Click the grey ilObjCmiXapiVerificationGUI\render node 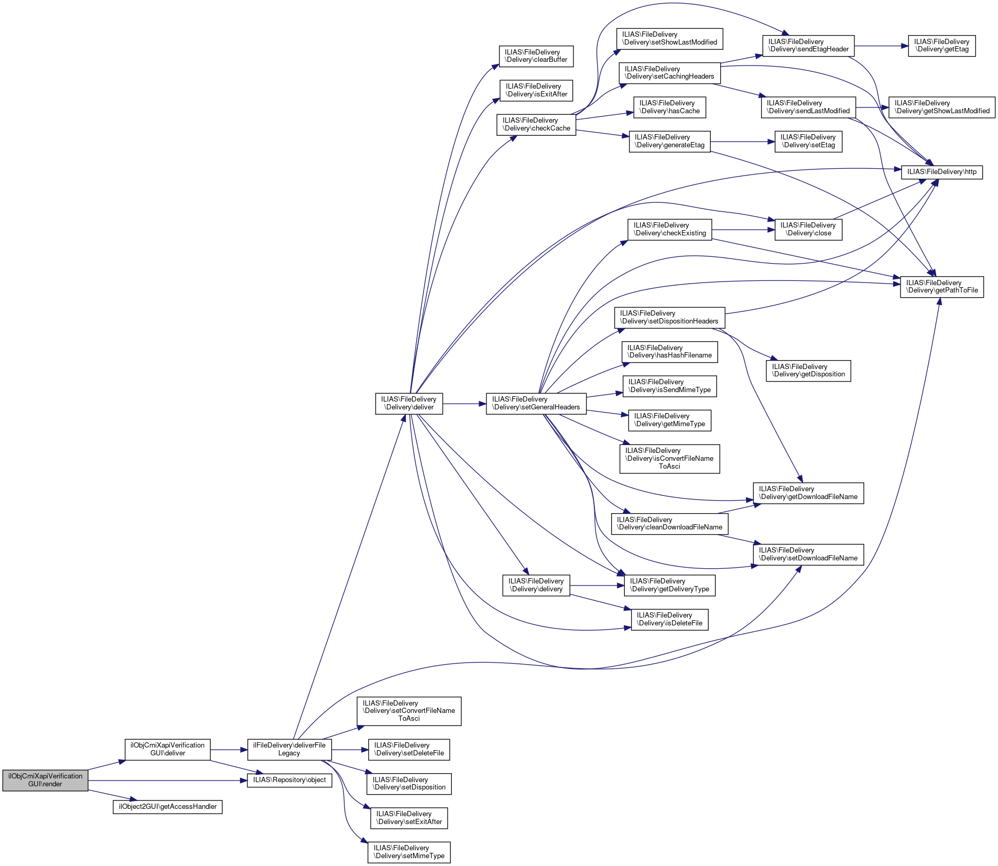45,780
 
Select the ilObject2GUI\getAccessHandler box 168,807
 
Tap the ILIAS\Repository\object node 289,780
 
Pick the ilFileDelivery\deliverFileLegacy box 289,749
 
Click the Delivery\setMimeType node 409,852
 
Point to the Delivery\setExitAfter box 409,818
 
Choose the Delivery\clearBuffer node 536,56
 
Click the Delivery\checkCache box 536,125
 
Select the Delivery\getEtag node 941,46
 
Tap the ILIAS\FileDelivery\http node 941,172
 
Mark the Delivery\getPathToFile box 942,287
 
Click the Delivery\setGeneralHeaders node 536,404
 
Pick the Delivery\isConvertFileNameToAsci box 669,459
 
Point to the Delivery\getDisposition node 808,371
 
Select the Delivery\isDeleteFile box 669,620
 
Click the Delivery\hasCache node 669,107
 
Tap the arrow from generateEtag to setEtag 742,142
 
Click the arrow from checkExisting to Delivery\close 743,230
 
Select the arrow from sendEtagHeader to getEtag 881,46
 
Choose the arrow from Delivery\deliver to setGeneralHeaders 464,404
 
